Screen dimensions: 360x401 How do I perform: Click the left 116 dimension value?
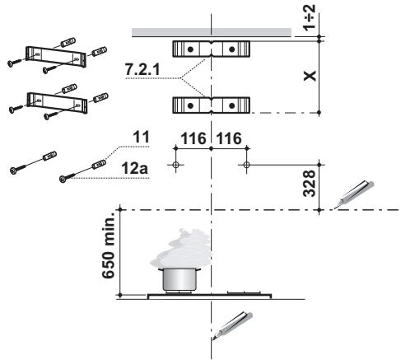tap(194, 139)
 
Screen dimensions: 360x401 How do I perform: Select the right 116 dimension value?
tap(229, 139)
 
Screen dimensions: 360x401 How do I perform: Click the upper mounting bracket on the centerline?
tap(211, 49)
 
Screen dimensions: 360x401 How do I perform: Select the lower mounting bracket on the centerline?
tap(211, 105)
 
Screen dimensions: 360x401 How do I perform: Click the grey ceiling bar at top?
tap(212, 32)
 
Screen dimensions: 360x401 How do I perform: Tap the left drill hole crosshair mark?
tap(175, 165)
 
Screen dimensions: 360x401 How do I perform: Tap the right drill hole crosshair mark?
tap(246, 165)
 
